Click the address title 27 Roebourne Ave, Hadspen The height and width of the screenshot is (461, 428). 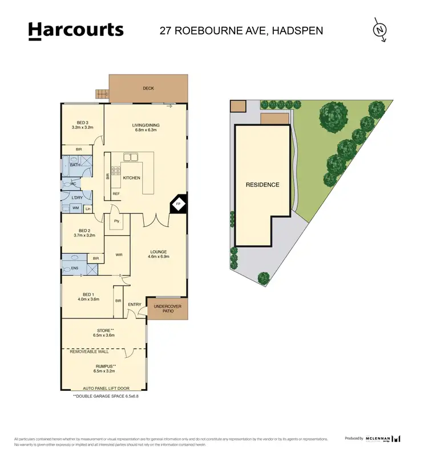241,30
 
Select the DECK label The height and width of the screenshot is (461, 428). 148,88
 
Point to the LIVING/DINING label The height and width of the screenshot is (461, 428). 146,127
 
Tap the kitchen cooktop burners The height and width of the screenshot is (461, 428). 115,170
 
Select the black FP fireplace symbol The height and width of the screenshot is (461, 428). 178,204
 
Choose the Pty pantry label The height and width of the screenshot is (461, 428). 116,221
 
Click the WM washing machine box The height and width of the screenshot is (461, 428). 75,209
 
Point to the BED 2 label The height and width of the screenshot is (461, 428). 84,231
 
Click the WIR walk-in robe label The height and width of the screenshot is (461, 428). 119,255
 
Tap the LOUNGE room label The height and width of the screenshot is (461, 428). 158,254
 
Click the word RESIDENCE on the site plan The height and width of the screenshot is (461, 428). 263,185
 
